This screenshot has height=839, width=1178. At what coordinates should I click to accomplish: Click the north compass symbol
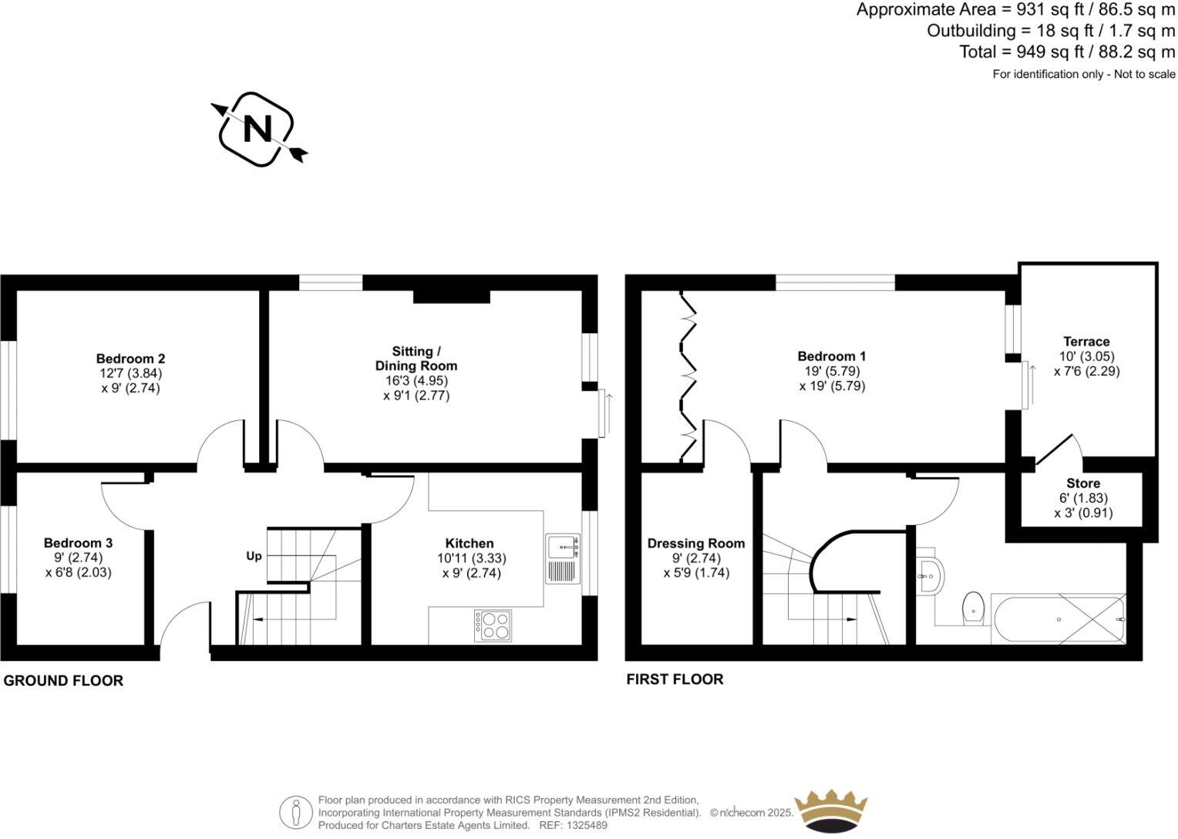(x=257, y=130)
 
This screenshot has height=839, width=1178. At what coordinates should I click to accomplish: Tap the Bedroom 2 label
(x=130, y=359)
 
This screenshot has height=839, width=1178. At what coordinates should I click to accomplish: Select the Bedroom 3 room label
(x=78, y=543)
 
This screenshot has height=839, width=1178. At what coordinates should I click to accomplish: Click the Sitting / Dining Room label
(x=416, y=359)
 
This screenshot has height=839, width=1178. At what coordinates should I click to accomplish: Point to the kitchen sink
(x=561, y=548)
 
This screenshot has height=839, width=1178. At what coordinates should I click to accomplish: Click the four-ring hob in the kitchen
(x=493, y=625)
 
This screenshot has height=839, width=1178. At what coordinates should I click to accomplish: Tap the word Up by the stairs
(x=254, y=556)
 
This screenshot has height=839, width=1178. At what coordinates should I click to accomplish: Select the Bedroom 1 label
(x=831, y=356)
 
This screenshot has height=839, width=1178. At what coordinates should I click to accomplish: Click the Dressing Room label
(x=695, y=544)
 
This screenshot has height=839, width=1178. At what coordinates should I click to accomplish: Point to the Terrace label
(x=1086, y=342)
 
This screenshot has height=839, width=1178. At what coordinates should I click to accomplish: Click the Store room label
(x=1083, y=484)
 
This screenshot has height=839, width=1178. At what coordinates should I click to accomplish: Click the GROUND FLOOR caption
(x=63, y=681)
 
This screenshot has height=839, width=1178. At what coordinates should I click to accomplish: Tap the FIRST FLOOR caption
(x=675, y=679)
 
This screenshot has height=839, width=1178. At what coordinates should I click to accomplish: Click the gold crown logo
(x=831, y=810)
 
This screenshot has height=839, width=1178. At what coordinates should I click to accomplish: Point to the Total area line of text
(x=1067, y=52)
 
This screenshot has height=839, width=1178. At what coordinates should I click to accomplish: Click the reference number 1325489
(x=584, y=825)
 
